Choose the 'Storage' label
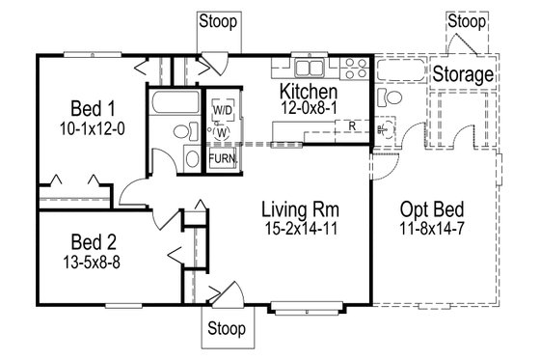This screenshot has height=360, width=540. tap(463, 74)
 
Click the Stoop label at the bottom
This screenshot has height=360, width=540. tap(228, 329)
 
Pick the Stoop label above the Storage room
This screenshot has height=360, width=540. tap(468, 19)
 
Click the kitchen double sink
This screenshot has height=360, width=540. tap(310, 68)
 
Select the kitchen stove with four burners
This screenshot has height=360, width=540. tap(353, 68)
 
